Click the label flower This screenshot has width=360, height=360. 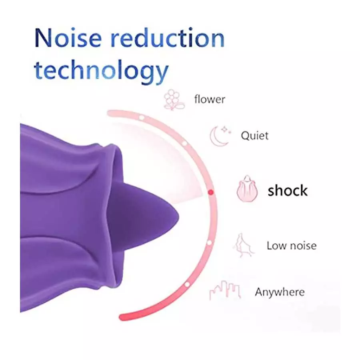(x=210, y=99)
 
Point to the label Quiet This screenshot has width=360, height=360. (x=254, y=136)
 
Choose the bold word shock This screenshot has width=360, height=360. (x=288, y=190)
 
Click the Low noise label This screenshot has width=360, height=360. (x=291, y=245)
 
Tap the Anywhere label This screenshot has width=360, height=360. (x=280, y=292)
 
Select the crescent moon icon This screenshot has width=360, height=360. (x=219, y=136)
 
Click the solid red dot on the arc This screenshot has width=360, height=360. (x=211, y=192)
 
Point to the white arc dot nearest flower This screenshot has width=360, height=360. (x=141, y=118)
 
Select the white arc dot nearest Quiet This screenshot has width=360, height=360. (x=184, y=143)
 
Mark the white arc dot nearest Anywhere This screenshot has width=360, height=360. (x=187, y=284)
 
